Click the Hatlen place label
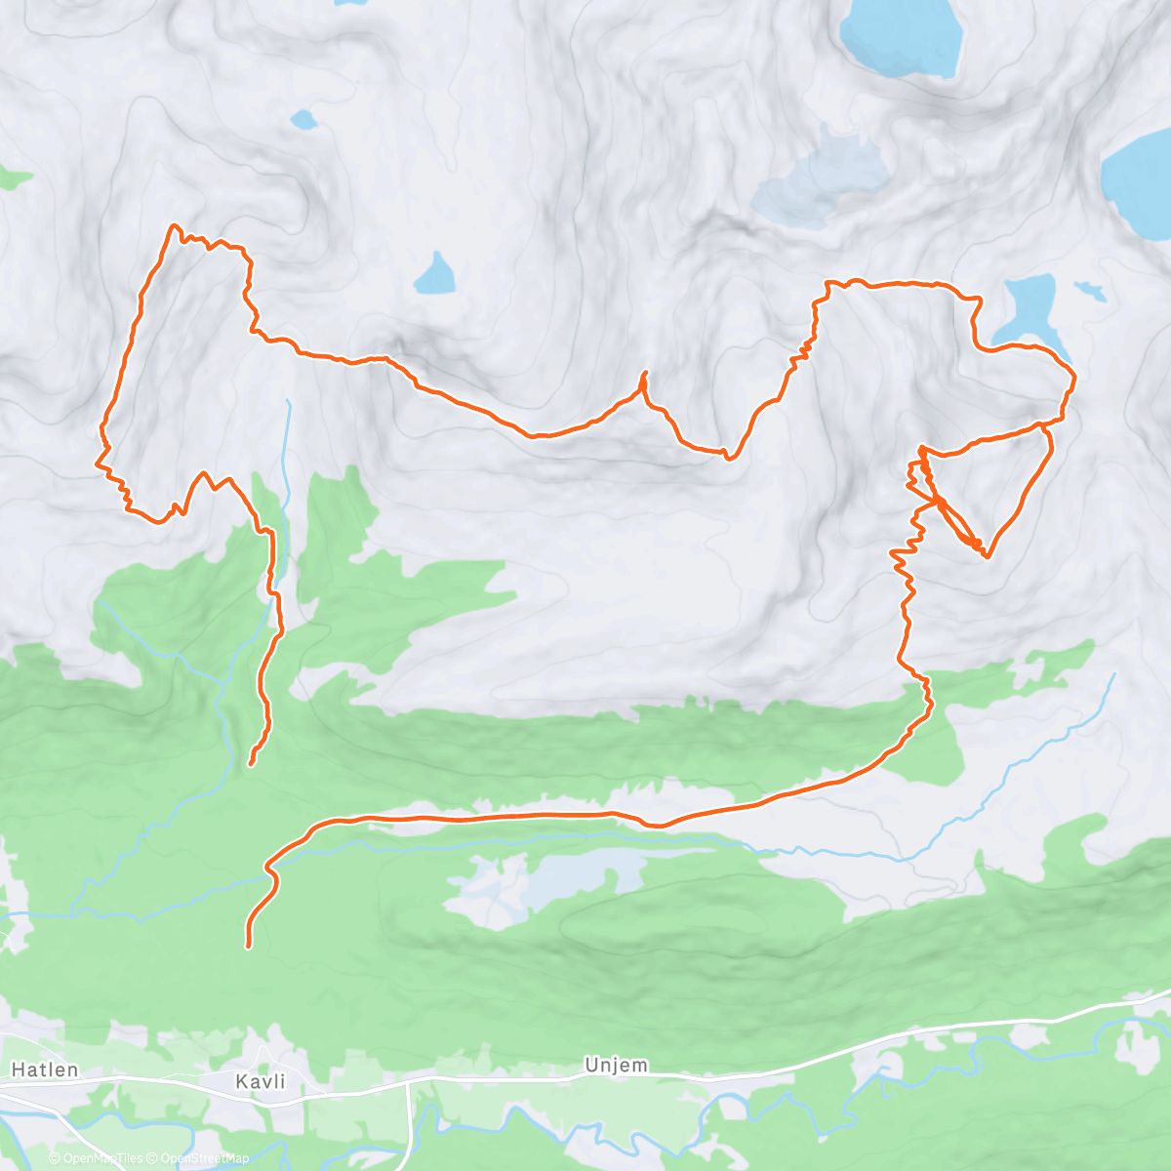point(45,1070)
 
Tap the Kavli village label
point(261,1081)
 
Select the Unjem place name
point(616,1065)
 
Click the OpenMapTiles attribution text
point(102,1158)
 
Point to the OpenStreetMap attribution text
point(205,1158)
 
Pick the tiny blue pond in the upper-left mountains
point(303,120)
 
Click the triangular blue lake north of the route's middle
point(435,275)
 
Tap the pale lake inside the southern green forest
point(546,878)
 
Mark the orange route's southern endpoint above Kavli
point(248,945)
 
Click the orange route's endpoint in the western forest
point(251,764)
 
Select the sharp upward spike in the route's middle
point(644,374)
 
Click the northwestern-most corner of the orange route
point(175,226)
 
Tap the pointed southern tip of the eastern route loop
point(987,556)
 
